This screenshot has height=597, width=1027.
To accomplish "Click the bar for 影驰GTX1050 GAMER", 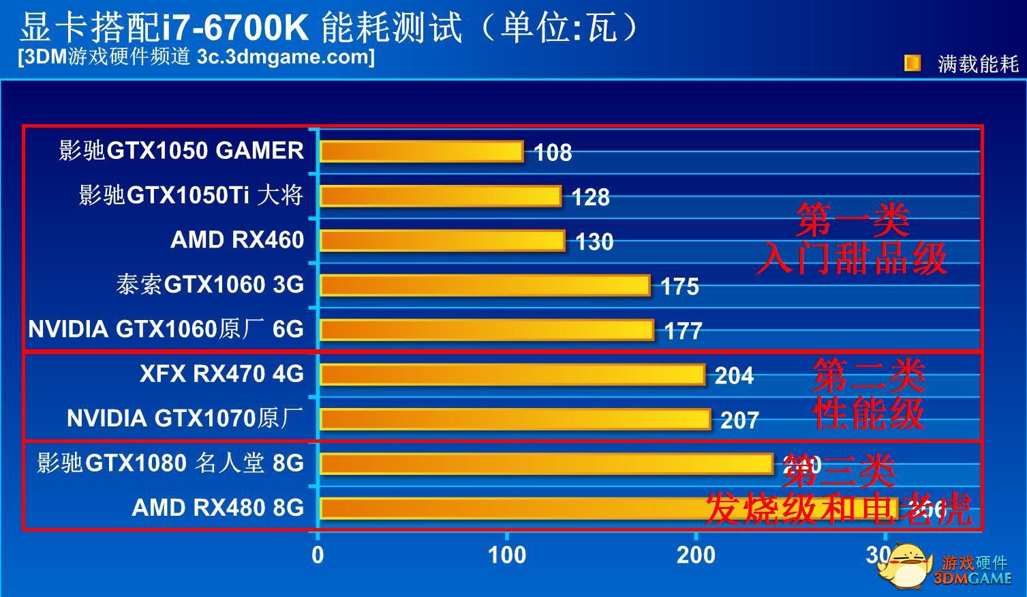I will coord(421,151).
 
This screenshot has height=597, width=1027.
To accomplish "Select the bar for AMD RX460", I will coord(442,241).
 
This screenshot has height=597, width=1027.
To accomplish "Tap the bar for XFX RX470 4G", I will coord(512,375).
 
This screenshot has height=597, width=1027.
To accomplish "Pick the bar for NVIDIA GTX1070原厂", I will coord(515,419).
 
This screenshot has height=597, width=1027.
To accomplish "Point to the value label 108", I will coord(553,153).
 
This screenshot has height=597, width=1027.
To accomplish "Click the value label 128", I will coord(590,197).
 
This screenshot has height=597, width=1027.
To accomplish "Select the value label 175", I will coord(679,287).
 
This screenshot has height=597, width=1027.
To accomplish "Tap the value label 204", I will coord(734,376).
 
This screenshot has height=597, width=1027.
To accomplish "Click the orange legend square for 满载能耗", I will coord(912,63).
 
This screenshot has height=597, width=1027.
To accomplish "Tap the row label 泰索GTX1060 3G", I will coord(210,285).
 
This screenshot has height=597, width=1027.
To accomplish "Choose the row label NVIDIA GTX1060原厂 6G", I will coord(166,330).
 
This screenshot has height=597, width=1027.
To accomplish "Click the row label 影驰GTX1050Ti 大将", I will coord(191,196).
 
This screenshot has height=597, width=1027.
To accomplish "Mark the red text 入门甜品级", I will coord(852,259).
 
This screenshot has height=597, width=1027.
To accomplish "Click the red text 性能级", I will coord(869,413).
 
